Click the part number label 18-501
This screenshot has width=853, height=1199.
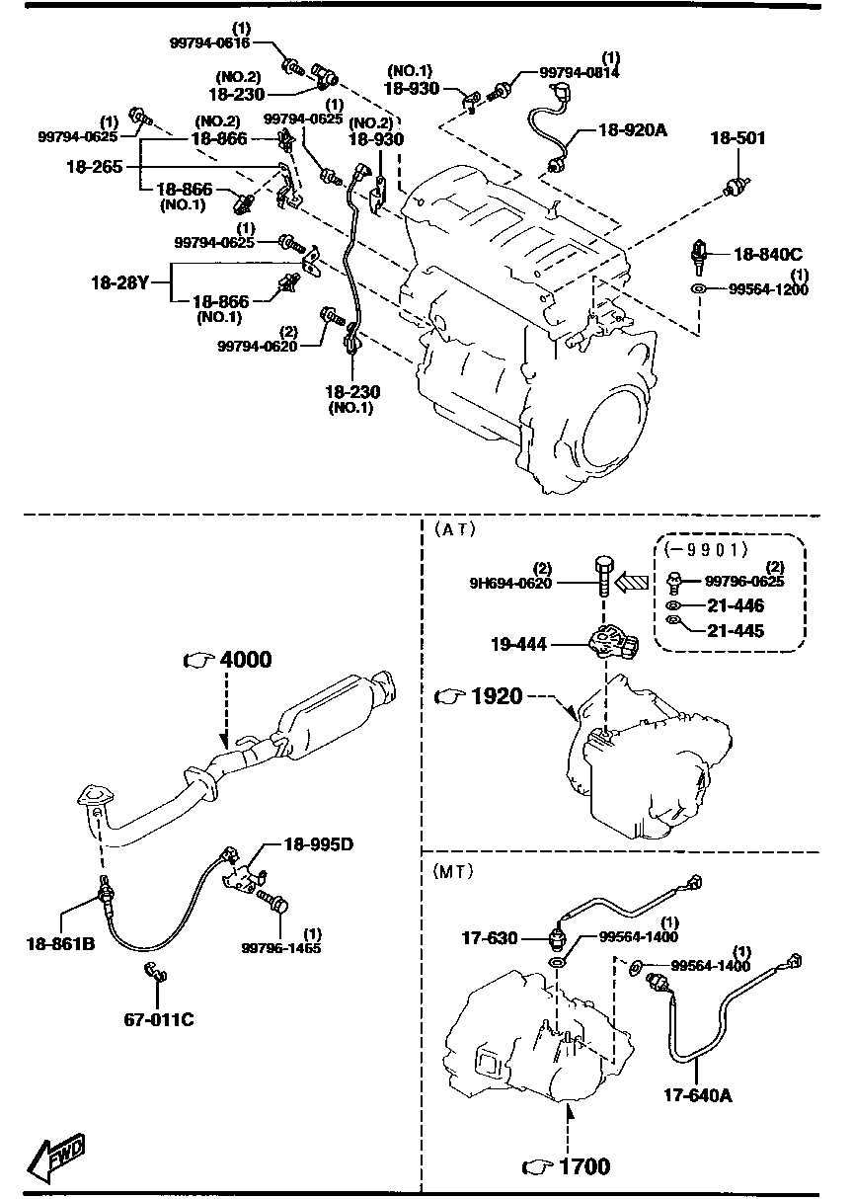click(x=737, y=139)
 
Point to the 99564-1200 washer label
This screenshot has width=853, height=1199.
click(x=769, y=289)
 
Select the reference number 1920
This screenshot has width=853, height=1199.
click(x=496, y=696)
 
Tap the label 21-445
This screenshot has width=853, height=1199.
click(x=735, y=631)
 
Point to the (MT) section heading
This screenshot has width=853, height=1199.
click(x=453, y=871)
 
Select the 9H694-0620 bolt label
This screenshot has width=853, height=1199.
click(x=512, y=583)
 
